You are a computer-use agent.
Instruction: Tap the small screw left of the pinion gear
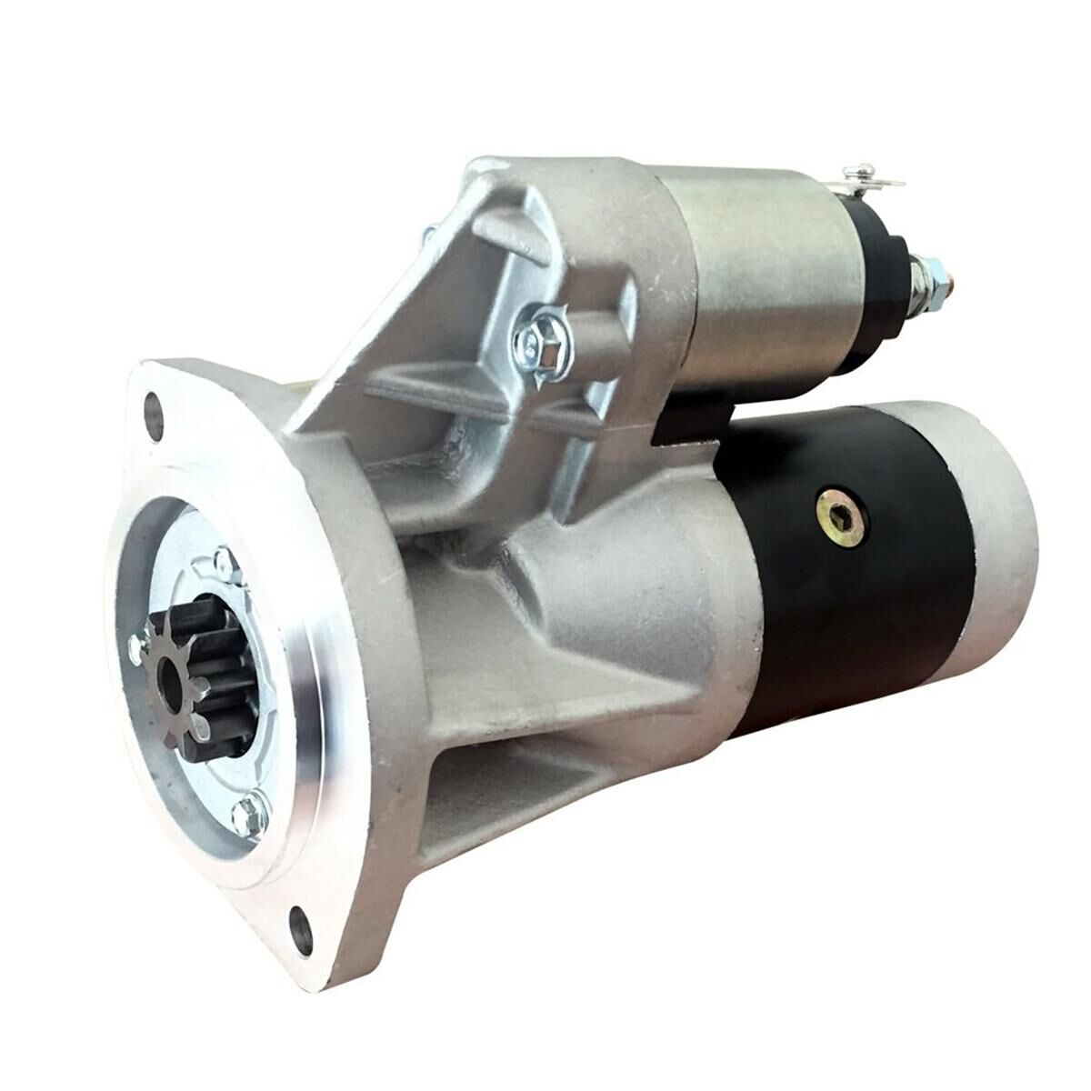point(136,647)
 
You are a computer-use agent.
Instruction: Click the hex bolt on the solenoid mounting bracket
point(535,339)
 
